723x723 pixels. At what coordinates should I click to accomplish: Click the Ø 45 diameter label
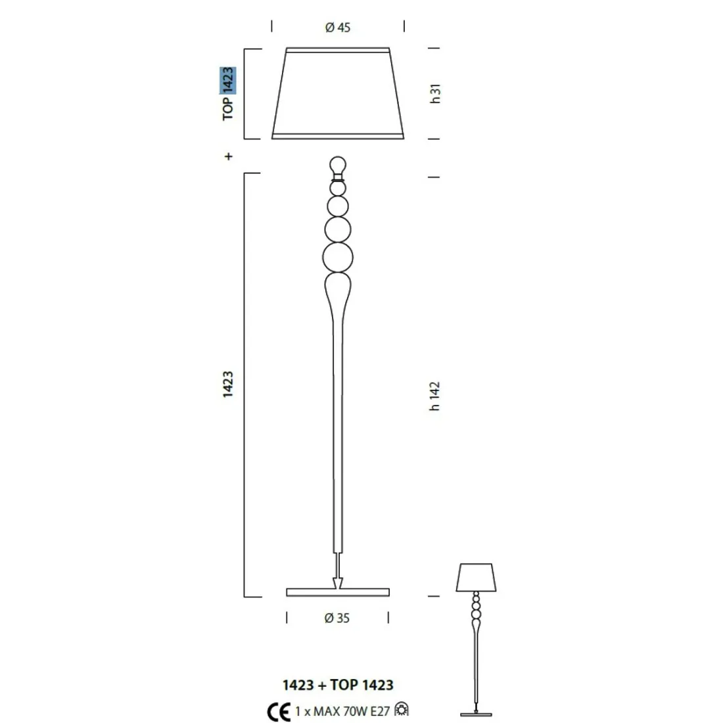[338, 28]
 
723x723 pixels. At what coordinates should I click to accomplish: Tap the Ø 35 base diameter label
[337, 618]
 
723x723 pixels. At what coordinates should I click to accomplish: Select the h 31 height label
[434, 93]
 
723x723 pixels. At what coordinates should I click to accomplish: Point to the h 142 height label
[434, 396]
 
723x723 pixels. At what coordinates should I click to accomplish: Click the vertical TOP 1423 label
[228, 93]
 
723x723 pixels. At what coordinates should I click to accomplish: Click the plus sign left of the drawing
[228, 156]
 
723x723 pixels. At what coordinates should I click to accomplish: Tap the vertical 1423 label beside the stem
[228, 385]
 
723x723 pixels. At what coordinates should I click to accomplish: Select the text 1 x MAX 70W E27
[342, 711]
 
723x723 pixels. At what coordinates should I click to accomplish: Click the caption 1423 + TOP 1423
[338, 685]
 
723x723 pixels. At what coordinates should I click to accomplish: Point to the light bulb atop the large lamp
[338, 164]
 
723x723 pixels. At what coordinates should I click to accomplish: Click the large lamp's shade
[338, 93]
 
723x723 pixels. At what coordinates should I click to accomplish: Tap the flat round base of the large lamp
[338, 592]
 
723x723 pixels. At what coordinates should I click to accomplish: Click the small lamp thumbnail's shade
[475, 576]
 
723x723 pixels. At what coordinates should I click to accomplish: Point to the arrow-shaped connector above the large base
[338, 581]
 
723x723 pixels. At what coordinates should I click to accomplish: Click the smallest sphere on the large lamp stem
[338, 188]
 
